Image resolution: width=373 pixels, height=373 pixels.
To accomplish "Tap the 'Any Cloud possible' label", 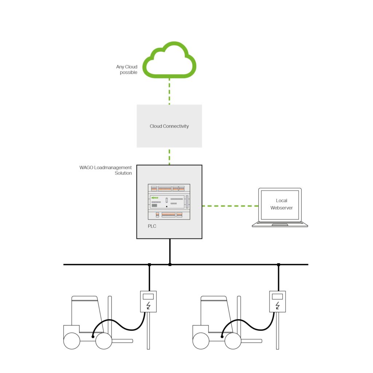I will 127,70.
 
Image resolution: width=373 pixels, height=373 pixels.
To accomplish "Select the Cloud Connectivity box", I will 169,126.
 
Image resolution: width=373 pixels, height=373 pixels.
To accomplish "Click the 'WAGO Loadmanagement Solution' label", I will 106,170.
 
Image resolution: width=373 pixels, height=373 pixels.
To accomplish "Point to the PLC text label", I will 152,226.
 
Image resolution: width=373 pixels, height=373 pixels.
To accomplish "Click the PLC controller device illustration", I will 169,201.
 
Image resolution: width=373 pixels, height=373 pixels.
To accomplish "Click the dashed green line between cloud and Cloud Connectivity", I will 169,91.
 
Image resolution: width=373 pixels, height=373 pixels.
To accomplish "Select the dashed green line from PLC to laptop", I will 229,206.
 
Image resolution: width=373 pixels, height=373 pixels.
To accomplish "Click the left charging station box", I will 148,301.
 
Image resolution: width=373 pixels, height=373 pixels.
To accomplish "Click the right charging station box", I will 277,301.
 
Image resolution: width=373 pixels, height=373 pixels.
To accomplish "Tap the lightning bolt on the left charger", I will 148,305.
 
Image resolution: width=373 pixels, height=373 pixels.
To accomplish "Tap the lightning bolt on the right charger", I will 277,305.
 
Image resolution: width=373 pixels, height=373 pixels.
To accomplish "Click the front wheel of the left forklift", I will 104,341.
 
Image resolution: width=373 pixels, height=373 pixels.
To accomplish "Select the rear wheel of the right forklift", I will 201,341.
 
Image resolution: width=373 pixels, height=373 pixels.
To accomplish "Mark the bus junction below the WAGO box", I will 170,264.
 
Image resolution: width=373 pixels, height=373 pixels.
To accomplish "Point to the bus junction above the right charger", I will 278,264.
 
